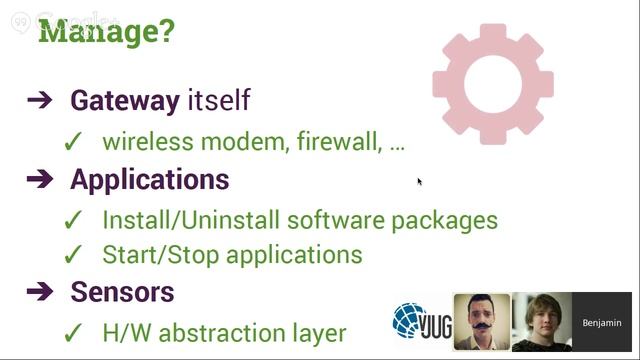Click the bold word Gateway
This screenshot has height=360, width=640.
[125, 101]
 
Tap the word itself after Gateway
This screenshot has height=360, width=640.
[219, 101]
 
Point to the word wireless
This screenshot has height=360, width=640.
[144, 142]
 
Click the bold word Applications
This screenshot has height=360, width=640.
[150, 180]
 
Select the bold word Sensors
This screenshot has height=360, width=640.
[122, 292]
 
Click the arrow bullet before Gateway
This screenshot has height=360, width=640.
[40, 101]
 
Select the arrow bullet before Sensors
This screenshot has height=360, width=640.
[40, 292]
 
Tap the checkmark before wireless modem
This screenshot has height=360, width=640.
[72, 143]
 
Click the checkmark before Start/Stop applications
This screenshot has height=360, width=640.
[72, 255]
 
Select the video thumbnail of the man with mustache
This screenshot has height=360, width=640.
[481, 322]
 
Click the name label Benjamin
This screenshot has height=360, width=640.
[602, 323]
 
